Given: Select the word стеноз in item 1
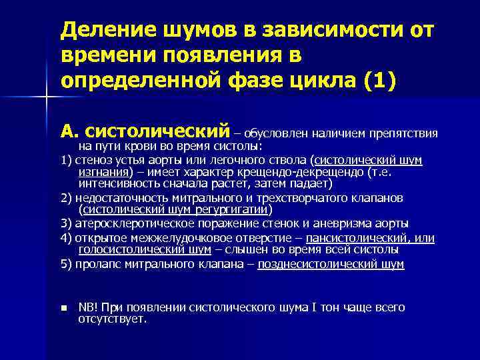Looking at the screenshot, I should click(x=89, y=160).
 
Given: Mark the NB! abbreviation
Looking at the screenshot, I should click(x=88, y=307).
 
